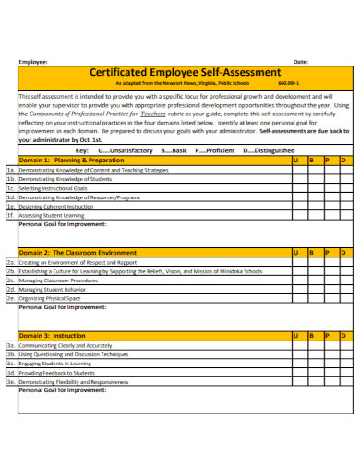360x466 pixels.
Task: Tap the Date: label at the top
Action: tap(300, 61)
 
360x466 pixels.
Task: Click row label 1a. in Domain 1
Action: tap(11, 170)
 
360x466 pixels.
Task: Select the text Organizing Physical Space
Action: tap(50, 298)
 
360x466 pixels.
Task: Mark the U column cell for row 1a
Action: tap(297, 170)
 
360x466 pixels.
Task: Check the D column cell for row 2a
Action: tap(345, 262)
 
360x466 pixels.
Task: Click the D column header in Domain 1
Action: tap(343, 160)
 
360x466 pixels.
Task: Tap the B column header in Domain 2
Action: tap(312, 251)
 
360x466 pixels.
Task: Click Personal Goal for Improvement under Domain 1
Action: tap(63, 223)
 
